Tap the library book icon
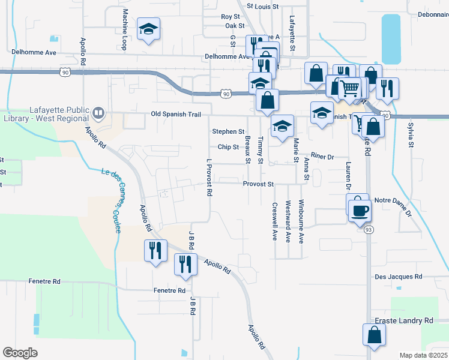pyautogui.click(x=98, y=112)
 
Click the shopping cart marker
pyautogui.click(x=349, y=89)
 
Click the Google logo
pyautogui.click(x=20, y=353)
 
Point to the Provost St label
pyautogui.click(x=258, y=184)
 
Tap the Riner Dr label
pyautogui.click(x=322, y=157)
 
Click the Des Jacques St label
pyautogui.click(x=398, y=277)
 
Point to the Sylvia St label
pyautogui.click(x=411, y=135)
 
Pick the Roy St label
pyautogui.click(x=230, y=17)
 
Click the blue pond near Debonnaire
pyautogui.click(x=390, y=39)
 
